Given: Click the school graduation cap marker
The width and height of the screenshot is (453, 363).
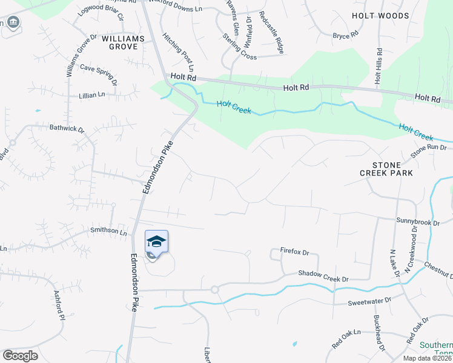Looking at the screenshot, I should [x=156, y=242].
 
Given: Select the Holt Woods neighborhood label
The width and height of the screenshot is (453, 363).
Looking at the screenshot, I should [x=400, y=16].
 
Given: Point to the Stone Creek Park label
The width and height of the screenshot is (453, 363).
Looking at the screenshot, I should [x=393, y=168].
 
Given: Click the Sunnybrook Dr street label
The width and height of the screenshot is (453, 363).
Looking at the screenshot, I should [x=418, y=222].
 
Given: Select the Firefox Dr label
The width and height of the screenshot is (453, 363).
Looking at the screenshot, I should [x=295, y=251].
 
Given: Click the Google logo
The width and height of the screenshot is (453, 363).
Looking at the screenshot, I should [x=20, y=356].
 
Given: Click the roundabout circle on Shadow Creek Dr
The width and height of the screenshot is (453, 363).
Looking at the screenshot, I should [x=214, y=290].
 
